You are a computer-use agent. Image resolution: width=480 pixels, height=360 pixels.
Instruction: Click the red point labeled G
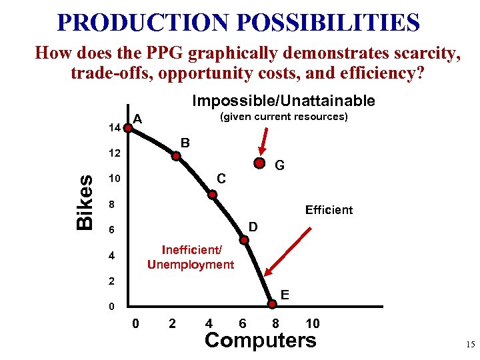259,163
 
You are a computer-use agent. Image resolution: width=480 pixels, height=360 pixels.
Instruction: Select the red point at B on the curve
177,157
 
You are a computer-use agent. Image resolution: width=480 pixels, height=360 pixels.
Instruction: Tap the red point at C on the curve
213,195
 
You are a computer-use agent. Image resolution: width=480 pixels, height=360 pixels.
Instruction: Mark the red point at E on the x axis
272,305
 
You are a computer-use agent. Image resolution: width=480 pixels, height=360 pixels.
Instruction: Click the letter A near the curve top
137,119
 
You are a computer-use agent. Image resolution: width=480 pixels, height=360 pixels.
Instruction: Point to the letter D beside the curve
254,228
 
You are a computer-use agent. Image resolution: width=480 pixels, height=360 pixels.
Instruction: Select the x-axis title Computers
260,340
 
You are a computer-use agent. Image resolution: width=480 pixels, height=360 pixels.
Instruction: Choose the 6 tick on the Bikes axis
113,230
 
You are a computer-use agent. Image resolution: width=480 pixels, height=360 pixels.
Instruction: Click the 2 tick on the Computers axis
173,324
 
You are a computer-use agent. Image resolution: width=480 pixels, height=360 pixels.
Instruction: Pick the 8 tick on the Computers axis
275,324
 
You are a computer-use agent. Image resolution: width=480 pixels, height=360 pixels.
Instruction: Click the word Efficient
329,210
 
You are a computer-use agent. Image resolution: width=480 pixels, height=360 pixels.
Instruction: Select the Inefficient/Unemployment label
191,257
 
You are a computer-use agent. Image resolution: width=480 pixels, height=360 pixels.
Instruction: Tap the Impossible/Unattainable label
283,101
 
